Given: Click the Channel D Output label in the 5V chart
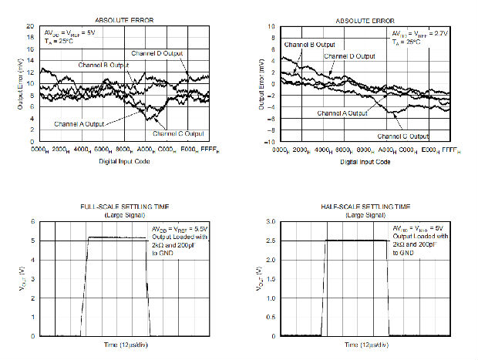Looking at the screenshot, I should coord(157,53).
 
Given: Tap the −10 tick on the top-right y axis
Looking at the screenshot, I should coord(269,142).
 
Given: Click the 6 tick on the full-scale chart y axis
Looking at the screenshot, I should coord(32,221).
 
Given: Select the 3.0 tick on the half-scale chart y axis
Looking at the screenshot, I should coord(271,221).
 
